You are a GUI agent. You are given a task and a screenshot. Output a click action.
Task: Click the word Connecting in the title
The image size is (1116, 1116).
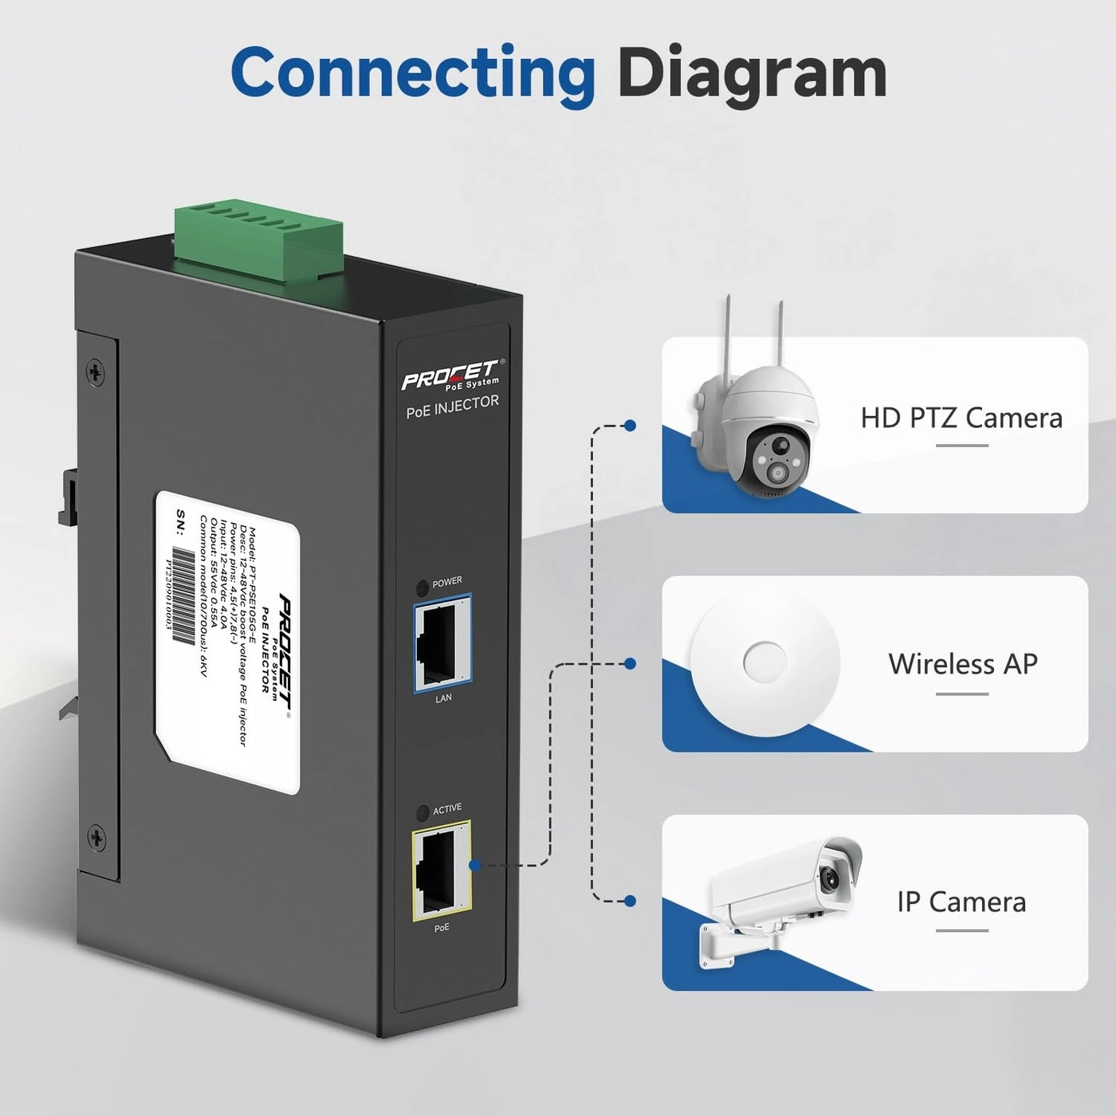(412, 73)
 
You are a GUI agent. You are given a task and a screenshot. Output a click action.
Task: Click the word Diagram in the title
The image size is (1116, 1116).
(752, 73)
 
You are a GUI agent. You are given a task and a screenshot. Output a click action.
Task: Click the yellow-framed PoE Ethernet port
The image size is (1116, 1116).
(440, 871)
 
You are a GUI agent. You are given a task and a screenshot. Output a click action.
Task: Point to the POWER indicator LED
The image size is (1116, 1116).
(422, 588)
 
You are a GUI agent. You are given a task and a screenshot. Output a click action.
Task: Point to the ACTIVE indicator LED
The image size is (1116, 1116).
(422, 814)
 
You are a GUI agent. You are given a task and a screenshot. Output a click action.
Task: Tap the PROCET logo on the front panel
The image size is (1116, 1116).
(451, 375)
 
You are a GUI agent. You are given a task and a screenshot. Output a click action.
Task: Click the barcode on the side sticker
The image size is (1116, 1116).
(185, 595)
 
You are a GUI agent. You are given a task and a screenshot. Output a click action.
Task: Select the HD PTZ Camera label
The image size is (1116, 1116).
(961, 418)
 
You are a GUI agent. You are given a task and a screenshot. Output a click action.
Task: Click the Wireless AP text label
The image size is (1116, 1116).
(962, 664)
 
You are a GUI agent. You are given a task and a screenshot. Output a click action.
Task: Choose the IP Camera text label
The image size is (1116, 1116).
(961, 902)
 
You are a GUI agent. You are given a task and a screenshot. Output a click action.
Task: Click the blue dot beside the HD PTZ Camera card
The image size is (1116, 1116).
(630, 426)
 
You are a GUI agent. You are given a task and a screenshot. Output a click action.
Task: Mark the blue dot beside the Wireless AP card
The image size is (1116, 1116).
(630, 663)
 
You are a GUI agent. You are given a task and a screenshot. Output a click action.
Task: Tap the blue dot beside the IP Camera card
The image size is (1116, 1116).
(630, 901)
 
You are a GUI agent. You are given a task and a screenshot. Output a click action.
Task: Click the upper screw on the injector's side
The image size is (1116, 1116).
(96, 372)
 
